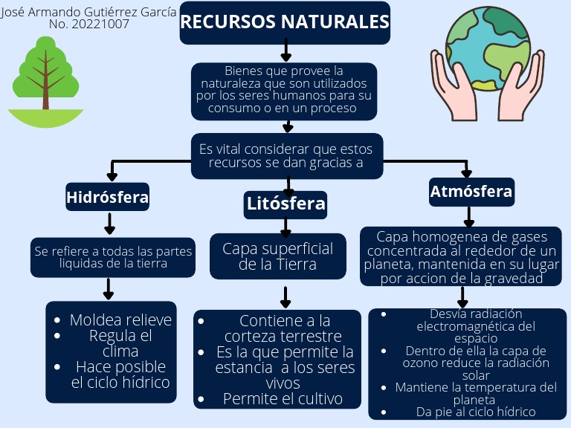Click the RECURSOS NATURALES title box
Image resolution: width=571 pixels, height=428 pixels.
[x=285, y=23]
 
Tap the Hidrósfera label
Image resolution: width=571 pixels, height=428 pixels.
[x=108, y=198]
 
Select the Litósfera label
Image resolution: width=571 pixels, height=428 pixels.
[x=285, y=204]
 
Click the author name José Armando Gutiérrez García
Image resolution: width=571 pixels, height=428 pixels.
[x=89, y=12]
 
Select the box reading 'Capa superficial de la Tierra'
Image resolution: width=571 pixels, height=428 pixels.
[x=278, y=256]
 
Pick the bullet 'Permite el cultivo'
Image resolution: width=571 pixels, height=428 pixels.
[x=283, y=399]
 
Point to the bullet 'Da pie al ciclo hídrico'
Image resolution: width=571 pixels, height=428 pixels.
[x=476, y=412]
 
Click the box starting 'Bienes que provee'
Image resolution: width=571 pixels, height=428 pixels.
[x=284, y=90]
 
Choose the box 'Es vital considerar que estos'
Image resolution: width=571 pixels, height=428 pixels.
[x=287, y=155]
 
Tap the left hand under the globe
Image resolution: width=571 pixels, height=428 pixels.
[x=454, y=82]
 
